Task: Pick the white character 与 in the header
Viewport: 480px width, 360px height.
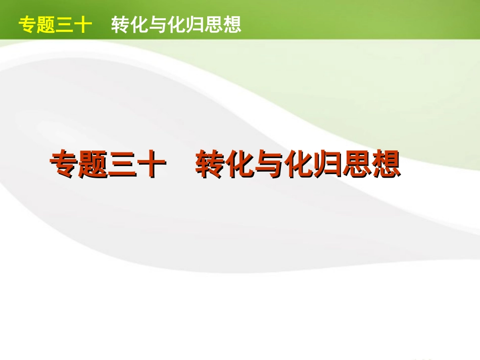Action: point(158,25)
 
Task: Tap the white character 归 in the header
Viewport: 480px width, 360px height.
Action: point(195,25)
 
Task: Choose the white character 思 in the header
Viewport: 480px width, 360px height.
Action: point(214,25)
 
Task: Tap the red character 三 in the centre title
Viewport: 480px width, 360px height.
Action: point(123,165)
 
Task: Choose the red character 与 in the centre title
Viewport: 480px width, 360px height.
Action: point(269,165)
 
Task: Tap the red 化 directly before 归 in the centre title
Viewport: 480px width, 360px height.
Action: point(298,165)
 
